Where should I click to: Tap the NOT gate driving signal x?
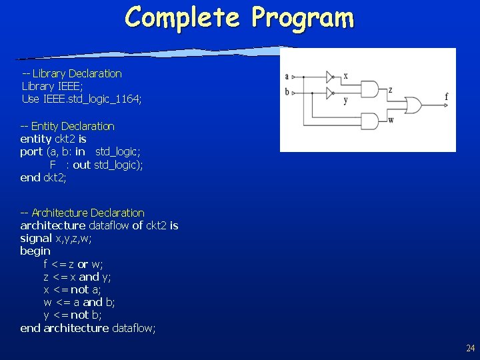click(330, 77)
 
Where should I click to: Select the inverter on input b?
click(330, 92)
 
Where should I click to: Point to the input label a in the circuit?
click(287, 77)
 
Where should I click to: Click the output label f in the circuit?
click(446, 97)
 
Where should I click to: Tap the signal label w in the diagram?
click(391, 120)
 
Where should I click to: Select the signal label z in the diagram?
click(390, 90)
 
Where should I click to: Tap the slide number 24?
click(471, 348)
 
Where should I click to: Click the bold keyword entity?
click(36, 139)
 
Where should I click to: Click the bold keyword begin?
click(35, 251)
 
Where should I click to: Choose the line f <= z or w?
click(73, 264)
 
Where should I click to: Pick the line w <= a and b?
click(79, 302)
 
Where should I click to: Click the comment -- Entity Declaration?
click(67, 126)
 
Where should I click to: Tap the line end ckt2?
click(43, 177)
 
